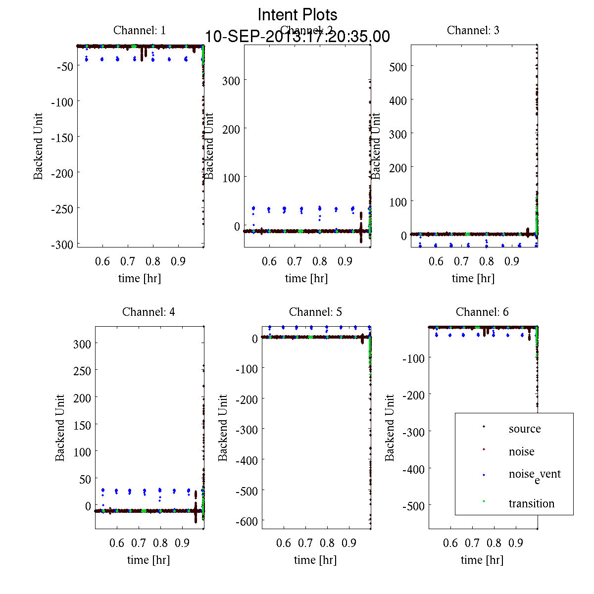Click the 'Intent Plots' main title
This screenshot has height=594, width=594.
point(297,14)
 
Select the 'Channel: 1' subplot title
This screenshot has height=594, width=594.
point(140,30)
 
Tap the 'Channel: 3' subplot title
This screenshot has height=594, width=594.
point(473,30)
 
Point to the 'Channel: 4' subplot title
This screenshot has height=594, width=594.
point(148,312)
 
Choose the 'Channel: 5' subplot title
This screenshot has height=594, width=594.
point(315,312)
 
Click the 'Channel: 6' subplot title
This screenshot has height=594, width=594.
point(482,312)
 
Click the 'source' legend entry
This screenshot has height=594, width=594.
point(525,429)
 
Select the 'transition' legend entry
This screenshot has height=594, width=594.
point(532,503)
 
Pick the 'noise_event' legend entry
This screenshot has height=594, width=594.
point(535,475)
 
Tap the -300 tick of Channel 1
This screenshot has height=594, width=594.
point(62,245)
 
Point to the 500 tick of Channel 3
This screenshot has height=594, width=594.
point(398,67)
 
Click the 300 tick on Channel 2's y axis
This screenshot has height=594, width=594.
point(231,81)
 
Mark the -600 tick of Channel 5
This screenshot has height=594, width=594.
point(247,521)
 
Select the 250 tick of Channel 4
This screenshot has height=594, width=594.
point(82,371)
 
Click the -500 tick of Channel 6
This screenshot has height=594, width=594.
point(414,505)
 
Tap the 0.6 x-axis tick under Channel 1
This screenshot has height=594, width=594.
point(102,261)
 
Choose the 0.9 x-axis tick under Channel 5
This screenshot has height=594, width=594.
point(349,543)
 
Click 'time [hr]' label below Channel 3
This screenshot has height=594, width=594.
point(473,278)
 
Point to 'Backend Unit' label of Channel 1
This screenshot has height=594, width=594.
point(39,146)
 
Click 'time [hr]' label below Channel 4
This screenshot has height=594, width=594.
point(148,560)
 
